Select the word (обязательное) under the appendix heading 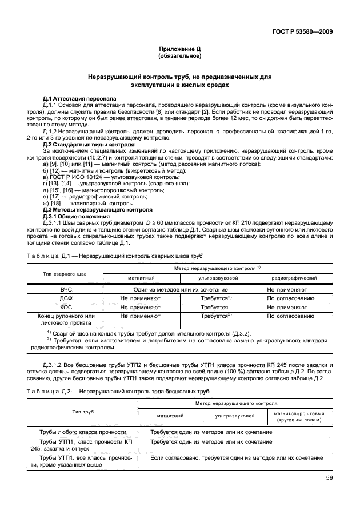click(x=179, y=58)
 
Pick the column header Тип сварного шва click(x=65, y=273)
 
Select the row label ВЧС click(x=65, y=290)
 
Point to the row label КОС click(x=65, y=307)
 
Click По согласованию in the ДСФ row click(x=290, y=298)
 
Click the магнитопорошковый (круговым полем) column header click(x=299, y=416)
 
